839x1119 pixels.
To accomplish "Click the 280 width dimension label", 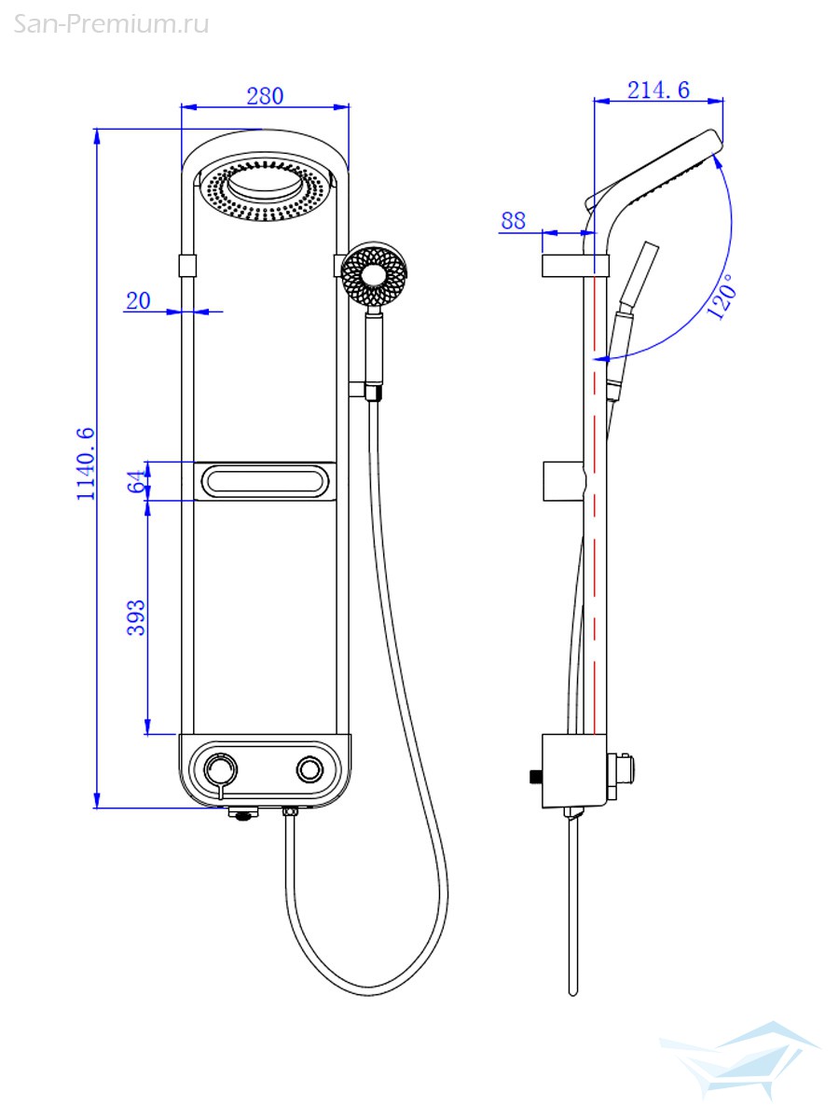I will (x=265, y=95).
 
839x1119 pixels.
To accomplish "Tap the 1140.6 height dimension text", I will (x=86, y=463).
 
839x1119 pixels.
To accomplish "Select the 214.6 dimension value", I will (x=658, y=90).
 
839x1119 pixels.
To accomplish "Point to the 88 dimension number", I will (x=514, y=221).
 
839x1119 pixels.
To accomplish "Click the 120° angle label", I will (x=722, y=297).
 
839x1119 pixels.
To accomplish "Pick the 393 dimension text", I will (x=136, y=617).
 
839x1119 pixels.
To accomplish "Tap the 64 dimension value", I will (x=136, y=482).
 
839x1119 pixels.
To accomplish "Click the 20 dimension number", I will (x=138, y=300).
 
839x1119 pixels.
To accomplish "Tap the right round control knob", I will (x=309, y=769).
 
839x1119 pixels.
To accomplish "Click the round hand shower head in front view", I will (x=374, y=275).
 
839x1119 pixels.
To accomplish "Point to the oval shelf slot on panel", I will (x=264, y=482).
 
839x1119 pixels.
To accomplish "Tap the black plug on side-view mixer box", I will (x=534, y=775).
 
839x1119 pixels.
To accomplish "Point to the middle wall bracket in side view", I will (x=563, y=479).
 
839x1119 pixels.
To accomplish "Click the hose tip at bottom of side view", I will (x=572, y=988).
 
